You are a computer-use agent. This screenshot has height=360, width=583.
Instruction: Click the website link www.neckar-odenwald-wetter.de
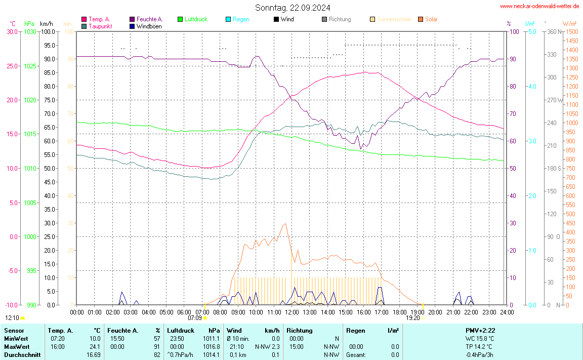(x=539, y=6)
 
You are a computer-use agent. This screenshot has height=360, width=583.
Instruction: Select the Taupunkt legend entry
(x=100, y=26)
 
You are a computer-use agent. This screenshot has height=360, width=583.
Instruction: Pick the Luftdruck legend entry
(x=196, y=19)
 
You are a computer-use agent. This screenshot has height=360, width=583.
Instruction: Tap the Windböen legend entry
(x=149, y=26)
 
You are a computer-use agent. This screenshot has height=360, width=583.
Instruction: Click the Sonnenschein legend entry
(x=394, y=19)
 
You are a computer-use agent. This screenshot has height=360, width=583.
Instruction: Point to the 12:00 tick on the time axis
(x=291, y=312)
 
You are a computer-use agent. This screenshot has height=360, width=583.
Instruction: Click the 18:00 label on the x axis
(x=399, y=312)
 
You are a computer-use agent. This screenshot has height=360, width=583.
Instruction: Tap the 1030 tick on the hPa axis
(x=30, y=31)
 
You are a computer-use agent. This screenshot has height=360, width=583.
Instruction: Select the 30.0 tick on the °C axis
(x=12, y=31)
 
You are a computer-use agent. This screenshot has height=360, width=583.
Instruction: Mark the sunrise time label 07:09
(x=195, y=318)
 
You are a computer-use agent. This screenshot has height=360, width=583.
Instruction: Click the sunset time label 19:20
(x=413, y=318)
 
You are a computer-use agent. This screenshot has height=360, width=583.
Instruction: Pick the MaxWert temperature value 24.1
(x=95, y=347)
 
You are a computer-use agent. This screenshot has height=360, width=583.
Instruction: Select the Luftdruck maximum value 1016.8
(x=212, y=347)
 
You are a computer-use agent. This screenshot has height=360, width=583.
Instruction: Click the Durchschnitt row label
(x=22, y=355)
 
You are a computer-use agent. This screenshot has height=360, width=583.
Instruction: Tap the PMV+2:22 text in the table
(x=480, y=330)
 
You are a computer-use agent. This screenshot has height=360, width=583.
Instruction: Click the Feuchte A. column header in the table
(x=123, y=330)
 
